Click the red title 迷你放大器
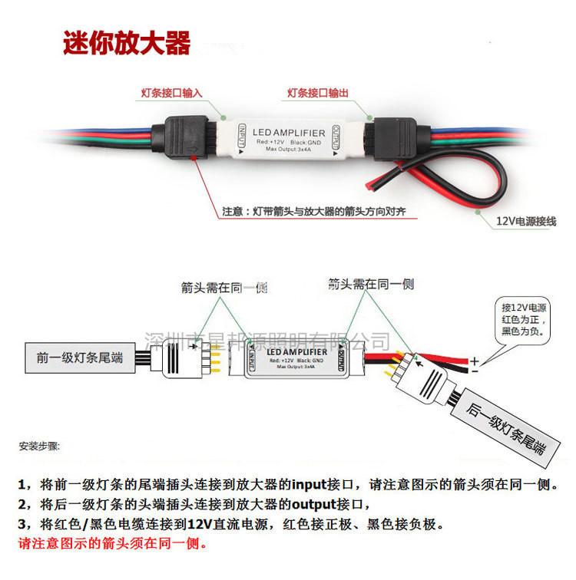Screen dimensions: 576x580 (x=125, y=42)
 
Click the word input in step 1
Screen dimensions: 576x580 (x=312, y=486)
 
